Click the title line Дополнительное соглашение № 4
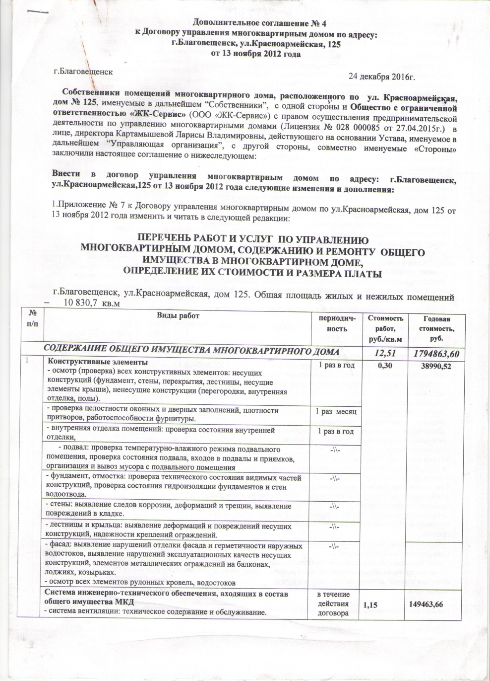[256, 22]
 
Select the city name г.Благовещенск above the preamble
[83, 71]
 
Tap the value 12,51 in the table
[384, 352]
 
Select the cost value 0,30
[384, 366]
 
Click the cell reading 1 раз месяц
[336, 412]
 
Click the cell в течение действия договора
[336, 604]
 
